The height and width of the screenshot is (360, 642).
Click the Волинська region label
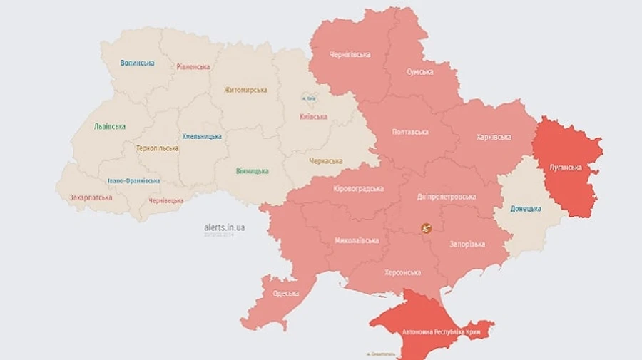coord(137,63)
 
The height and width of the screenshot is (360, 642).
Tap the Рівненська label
coord(193,67)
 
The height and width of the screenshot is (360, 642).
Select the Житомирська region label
coord(245,90)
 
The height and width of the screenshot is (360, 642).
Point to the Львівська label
coord(110,126)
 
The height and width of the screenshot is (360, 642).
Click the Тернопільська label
coord(158,149)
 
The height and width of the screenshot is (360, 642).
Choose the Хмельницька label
coord(202,136)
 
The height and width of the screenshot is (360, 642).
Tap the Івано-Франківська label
coord(133,181)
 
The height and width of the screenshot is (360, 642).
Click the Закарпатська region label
coord(91,197)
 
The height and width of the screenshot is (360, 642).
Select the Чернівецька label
coord(165,201)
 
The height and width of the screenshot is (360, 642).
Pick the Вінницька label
coord(252,171)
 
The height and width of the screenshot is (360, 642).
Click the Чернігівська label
coord(350,56)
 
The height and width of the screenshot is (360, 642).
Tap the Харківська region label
coord(493,138)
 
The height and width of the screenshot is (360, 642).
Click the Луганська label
coord(565,168)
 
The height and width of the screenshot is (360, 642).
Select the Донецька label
coord(525,209)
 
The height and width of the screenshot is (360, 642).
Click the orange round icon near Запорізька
coord(427,228)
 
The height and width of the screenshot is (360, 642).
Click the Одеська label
coord(285,294)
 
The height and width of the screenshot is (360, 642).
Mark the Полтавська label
coord(410,132)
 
